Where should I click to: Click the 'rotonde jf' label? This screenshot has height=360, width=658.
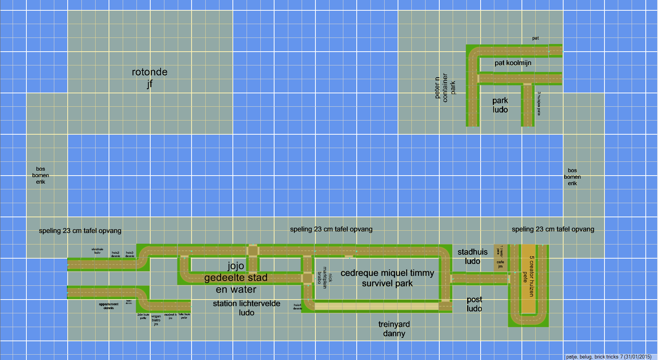click(149, 77)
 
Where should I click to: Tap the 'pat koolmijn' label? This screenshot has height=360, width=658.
click(513, 63)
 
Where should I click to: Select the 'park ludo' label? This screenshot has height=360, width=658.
click(500, 105)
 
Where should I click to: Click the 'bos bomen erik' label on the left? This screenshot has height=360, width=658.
click(41, 175)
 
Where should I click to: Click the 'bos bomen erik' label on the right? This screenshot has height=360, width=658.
click(572, 177)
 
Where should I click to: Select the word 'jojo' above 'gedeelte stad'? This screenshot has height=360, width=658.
click(236, 266)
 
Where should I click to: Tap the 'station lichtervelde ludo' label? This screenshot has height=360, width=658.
click(247, 308)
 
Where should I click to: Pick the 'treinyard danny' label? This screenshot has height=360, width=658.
click(394, 329)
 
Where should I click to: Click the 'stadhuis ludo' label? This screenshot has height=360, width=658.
click(473, 256)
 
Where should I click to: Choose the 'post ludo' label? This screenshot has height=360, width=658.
click(474, 304)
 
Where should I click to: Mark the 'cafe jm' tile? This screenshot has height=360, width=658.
click(500, 264)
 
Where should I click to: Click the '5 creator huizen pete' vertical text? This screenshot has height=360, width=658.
click(528, 276)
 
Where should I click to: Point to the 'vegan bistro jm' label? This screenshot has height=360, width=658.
click(156, 320)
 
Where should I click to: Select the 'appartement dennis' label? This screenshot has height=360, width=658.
click(109, 306)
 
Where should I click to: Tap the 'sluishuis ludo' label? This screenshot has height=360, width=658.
click(97, 251)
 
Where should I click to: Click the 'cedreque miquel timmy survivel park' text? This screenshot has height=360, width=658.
click(387, 278)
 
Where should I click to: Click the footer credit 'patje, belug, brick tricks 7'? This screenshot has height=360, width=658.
click(609, 357)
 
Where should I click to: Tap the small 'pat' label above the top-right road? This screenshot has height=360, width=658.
click(535, 38)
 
